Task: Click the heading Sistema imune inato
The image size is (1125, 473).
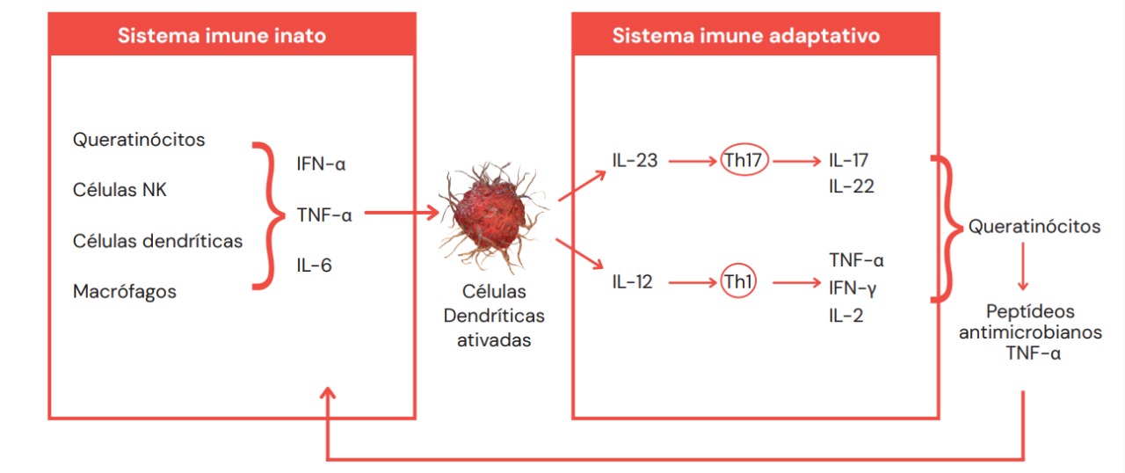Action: coord(222,36)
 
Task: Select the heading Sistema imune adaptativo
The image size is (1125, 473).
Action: coord(746,36)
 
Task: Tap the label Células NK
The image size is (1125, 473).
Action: coord(120,190)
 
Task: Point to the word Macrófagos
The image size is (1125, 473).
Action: coord(125,291)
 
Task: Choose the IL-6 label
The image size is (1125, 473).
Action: coord(314,264)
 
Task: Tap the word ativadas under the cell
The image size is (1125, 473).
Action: coord(494,340)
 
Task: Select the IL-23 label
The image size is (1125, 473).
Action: coord(635,162)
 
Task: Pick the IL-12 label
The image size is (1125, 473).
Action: coord(633,283)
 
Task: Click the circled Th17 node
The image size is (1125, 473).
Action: coord(745,162)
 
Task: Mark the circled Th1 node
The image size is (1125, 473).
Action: coord(738,283)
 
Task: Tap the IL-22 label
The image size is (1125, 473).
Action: coord(852,186)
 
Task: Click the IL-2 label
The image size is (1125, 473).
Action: coord(846,314)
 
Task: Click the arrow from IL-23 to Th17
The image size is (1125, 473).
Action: coord(691,162)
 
